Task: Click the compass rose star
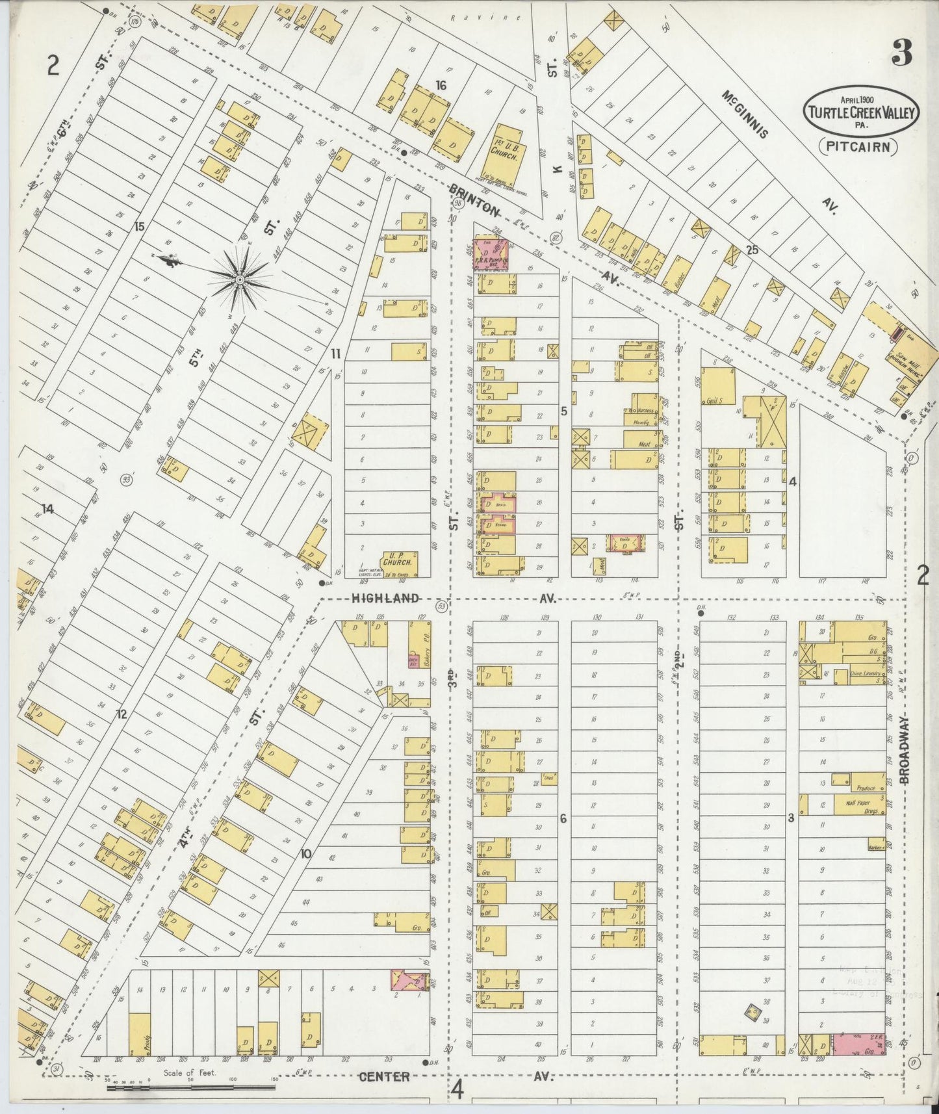[x=239, y=279]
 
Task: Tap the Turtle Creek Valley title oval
[x=861, y=112]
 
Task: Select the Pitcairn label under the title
[x=858, y=147]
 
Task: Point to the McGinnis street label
[x=744, y=114]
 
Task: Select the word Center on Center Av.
[x=385, y=1076]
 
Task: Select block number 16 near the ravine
[x=441, y=85]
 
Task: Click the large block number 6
[x=563, y=819]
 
